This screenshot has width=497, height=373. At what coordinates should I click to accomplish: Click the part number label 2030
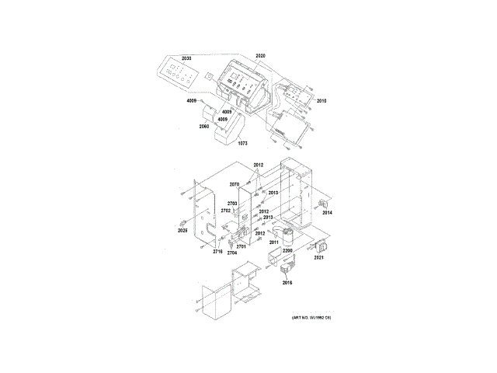coord(186,59)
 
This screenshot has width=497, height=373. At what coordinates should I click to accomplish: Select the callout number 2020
coord(260,57)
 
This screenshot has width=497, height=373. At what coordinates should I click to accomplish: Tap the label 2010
coord(321,102)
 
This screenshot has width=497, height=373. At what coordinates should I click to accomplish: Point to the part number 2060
coord(204,126)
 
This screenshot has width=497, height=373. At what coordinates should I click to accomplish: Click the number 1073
coord(242,144)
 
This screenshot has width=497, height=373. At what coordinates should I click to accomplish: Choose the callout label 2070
coord(235,184)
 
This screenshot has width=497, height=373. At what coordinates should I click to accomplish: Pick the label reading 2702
coord(226,211)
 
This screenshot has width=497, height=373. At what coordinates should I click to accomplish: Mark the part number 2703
coord(232,203)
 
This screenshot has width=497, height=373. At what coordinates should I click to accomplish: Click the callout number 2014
coord(327,212)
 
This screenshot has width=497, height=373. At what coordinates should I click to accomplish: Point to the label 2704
coord(231,253)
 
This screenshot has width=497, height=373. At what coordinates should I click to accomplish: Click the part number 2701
coord(241,246)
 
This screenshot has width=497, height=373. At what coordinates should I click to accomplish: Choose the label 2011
coord(274,243)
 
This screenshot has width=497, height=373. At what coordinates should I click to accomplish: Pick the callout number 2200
coord(287,251)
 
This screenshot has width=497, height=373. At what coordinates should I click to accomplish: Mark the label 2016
coord(287,284)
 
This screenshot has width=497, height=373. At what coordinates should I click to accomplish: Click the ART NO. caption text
coord(311,319)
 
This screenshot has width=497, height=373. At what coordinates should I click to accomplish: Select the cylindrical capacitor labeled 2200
coord(288,235)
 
